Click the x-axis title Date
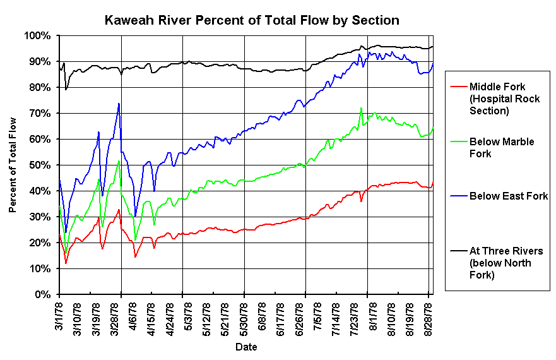coord(245,347)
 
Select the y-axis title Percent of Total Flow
coord(13,165)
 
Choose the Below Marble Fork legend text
coord(502,147)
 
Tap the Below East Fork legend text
coord(509,196)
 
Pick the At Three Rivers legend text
coord(506,262)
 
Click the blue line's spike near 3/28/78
coord(119,104)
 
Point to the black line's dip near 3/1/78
coord(66,90)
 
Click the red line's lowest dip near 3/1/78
coord(66,263)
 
